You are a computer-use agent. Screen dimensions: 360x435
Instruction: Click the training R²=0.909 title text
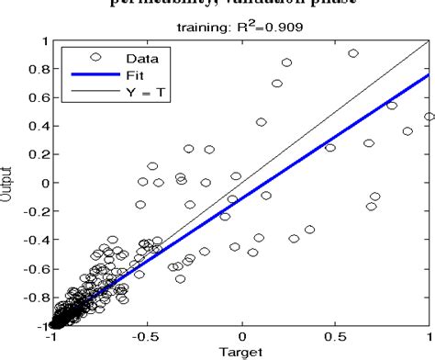[242, 28]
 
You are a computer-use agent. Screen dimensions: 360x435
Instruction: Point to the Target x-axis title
[242, 352]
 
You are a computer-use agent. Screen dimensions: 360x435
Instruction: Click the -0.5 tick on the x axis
[147, 336]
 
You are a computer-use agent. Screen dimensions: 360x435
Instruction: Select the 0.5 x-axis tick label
[337, 336]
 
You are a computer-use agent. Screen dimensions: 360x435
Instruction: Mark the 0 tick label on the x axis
[242, 336]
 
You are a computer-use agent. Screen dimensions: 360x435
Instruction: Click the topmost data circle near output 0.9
[353, 54]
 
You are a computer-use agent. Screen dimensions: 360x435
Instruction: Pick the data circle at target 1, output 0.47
[429, 117]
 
